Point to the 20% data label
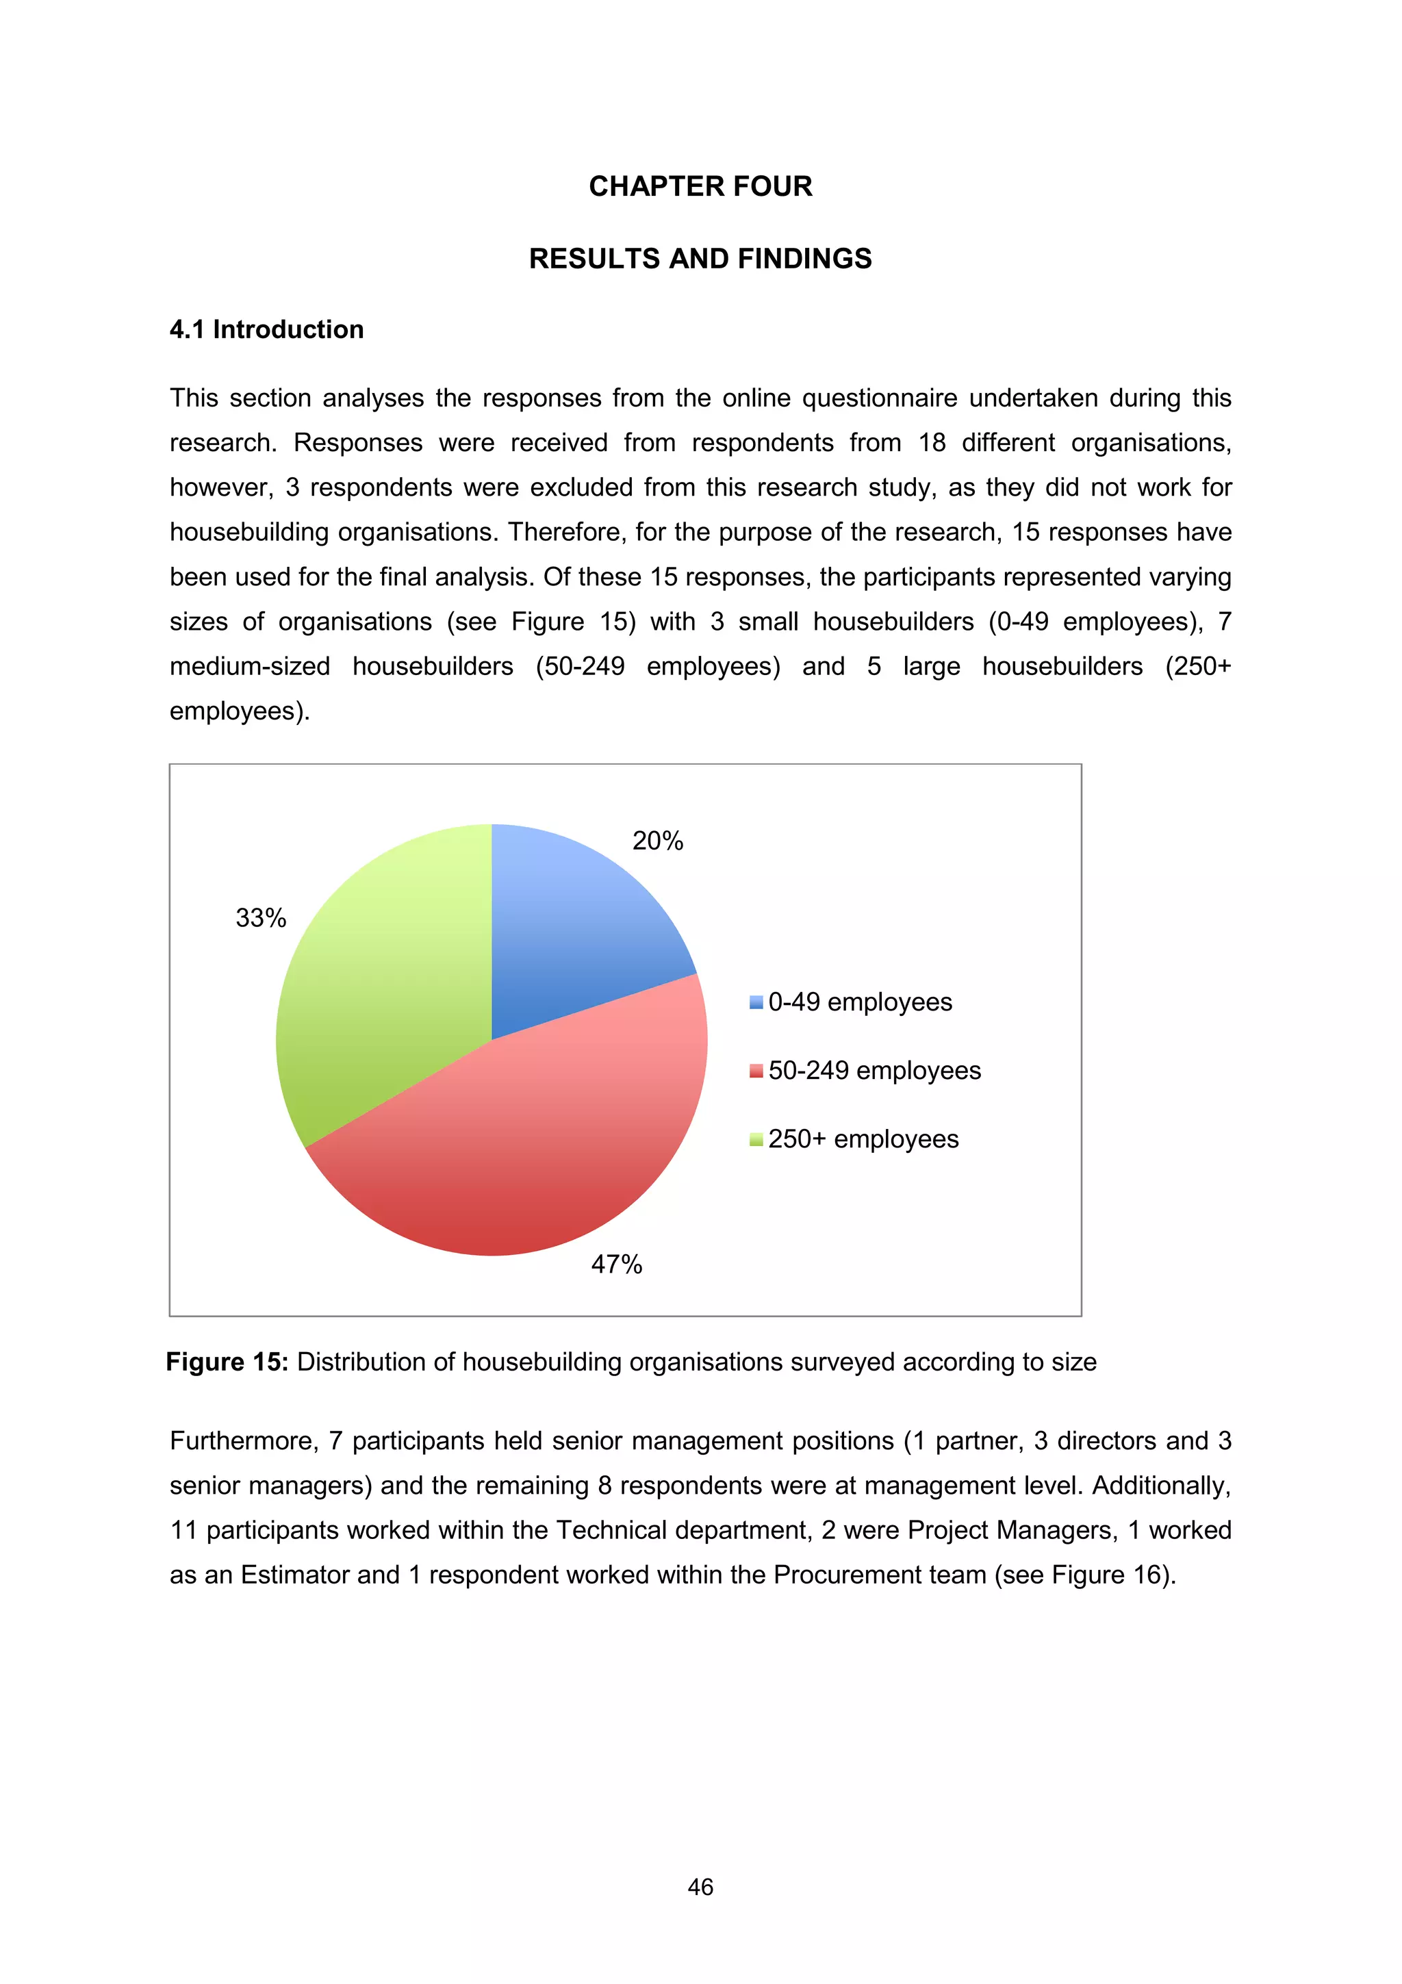click(x=657, y=841)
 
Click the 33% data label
click(x=261, y=917)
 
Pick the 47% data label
click(x=616, y=1264)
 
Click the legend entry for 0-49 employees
click(x=860, y=1002)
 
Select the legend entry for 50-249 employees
click(x=874, y=1071)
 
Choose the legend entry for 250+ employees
click(x=863, y=1139)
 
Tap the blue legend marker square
click(x=756, y=1002)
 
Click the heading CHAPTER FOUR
click(x=700, y=186)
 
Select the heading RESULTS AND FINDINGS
click(x=700, y=258)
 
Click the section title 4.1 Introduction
click(x=266, y=329)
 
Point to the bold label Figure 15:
click(x=227, y=1362)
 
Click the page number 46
click(x=700, y=1887)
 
